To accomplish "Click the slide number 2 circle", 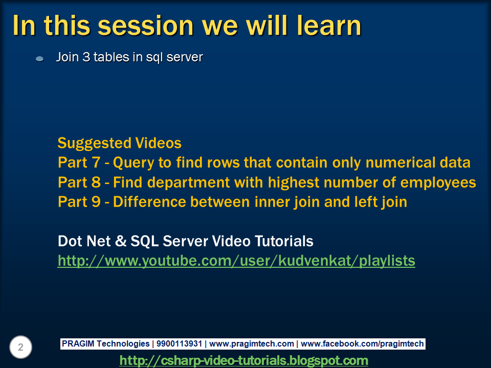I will [x=20, y=348].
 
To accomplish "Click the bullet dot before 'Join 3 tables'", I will [x=39, y=59].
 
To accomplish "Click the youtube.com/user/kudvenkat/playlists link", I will [x=236, y=261].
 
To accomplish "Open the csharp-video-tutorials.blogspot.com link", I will [x=243, y=360].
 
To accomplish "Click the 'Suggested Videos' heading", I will [x=119, y=143].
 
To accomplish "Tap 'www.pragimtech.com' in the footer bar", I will [x=252, y=344].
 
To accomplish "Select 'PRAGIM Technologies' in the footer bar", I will [x=105, y=344].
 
